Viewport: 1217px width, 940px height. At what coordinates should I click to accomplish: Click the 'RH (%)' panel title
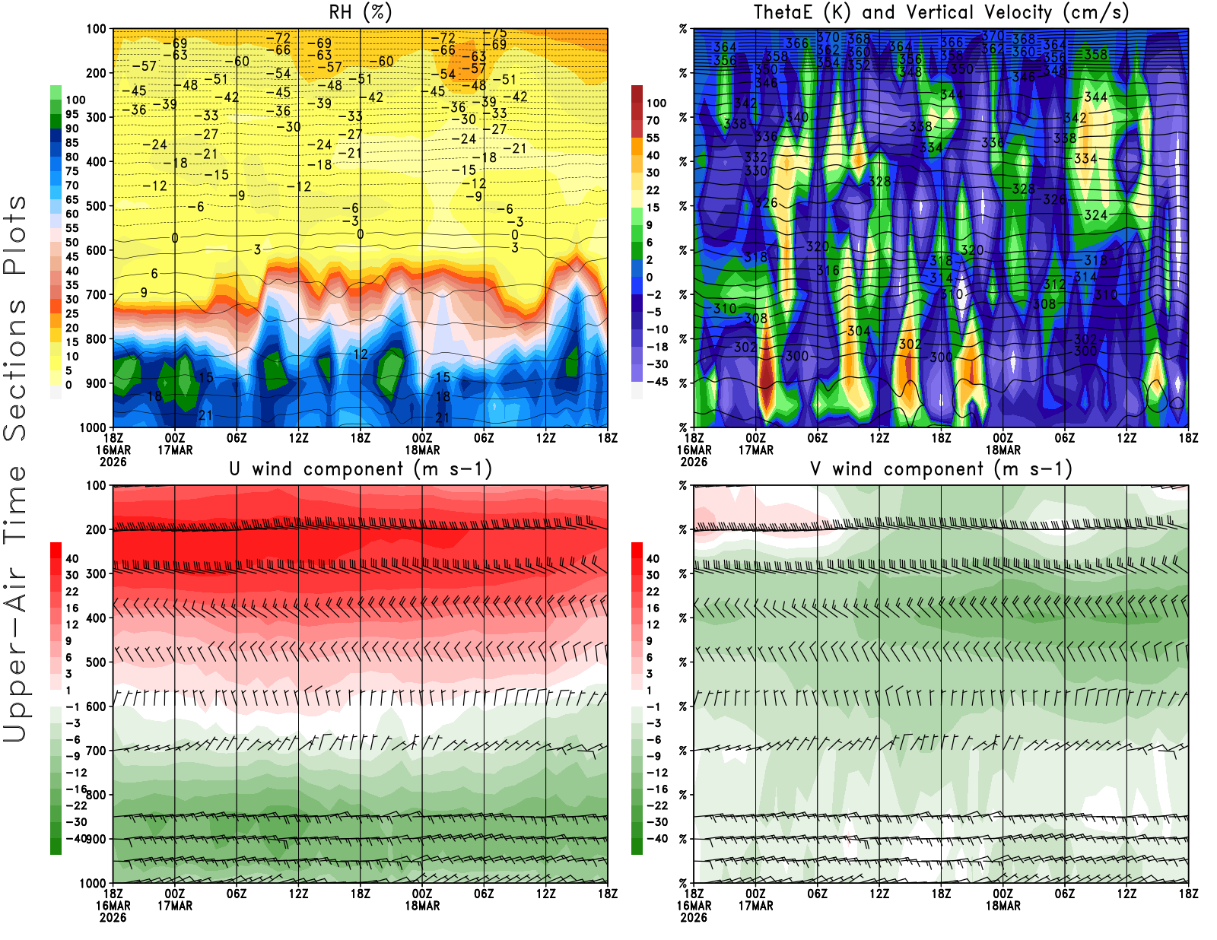pyautogui.click(x=360, y=13)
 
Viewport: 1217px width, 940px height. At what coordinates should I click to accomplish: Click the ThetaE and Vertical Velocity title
pyautogui.click(x=941, y=13)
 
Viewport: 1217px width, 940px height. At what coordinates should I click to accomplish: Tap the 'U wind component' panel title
pyautogui.click(x=361, y=469)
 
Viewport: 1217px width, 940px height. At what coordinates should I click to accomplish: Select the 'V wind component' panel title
pyautogui.click(x=941, y=469)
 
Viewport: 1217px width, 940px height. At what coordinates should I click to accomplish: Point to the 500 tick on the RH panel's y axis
pyautogui.click(x=96, y=206)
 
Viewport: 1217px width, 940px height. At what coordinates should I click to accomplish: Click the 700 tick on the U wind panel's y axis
pyautogui.click(x=96, y=751)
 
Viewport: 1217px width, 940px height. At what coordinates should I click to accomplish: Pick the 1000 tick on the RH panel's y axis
pyautogui.click(x=93, y=427)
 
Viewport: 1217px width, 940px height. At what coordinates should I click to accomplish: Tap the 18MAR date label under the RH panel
pyautogui.click(x=422, y=449)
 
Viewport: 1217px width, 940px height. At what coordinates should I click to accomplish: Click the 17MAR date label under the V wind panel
pyautogui.click(x=755, y=906)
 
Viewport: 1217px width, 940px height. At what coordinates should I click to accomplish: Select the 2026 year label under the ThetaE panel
pyautogui.click(x=694, y=462)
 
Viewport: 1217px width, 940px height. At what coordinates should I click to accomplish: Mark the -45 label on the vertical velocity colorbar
pyautogui.click(x=657, y=382)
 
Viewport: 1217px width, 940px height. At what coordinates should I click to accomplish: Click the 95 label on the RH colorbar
pyautogui.click(x=71, y=114)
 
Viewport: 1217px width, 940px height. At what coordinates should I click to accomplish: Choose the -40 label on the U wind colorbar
pyautogui.click(x=76, y=838)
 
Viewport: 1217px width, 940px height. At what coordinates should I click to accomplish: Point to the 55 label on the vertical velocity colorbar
pyautogui.click(x=653, y=138)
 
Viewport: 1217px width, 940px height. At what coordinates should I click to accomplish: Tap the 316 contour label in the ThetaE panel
pyautogui.click(x=828, y=271)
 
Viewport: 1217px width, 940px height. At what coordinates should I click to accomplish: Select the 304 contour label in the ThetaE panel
pyautogui.click(x=859, y=331)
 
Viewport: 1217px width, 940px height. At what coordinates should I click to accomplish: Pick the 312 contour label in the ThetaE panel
pyautogui.click(x=1054, y=284)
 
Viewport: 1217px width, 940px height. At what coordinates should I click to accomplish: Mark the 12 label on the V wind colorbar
pyautogui.click(x=653, y=624)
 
